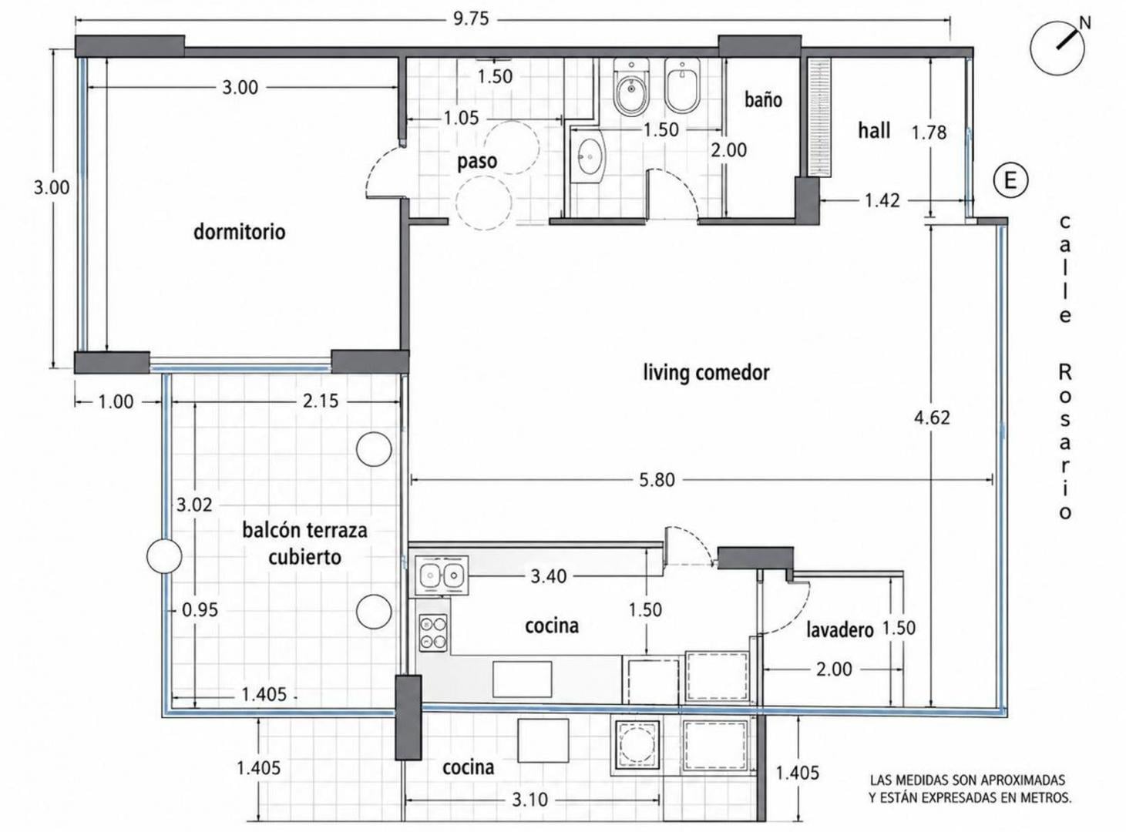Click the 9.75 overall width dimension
coord(471,18)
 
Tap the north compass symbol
coord(1058,48)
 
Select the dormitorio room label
coord(240,232)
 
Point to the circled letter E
coord(1010,180)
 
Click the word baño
coord(763,99)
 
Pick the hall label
coord(874,130)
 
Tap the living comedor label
coord(706,373)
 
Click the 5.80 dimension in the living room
coord(657,480)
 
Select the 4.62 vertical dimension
coord(932,418)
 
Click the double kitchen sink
coord(441,575)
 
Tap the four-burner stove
coord(433,632)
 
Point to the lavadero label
coord(839,630)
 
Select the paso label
coord(477,162)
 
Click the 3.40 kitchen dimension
coord(548,576)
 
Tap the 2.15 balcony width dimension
coord(321,401)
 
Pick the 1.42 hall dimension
coord(882,200)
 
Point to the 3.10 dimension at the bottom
coord(529,800)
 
